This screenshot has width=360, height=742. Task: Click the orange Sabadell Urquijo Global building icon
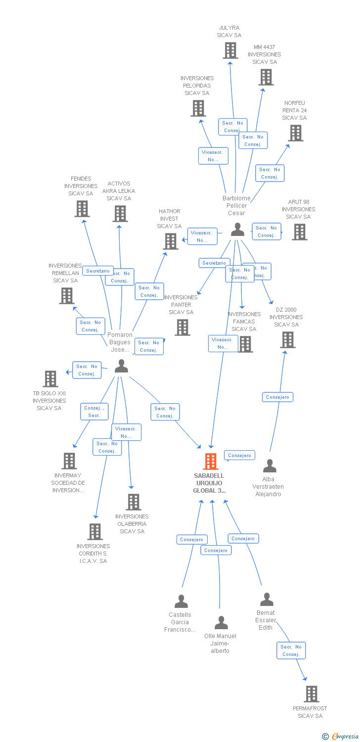(x=211, y=462)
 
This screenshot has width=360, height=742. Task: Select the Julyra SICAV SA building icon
(x=230, y=50)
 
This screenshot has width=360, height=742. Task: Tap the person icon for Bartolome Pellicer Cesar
(x=238, y=230)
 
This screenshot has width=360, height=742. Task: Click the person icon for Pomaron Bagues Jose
(x=121, y=366)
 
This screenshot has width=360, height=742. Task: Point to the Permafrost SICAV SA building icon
(x=311, y=694)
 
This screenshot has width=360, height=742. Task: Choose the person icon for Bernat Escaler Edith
(x=267, y=600)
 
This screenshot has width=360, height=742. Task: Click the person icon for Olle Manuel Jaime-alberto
(x=221, y=623)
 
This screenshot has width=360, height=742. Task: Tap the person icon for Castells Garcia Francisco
(x=181, y=602)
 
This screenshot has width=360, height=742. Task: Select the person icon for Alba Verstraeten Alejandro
(x=270, y=466)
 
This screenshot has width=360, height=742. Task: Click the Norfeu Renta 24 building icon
(x=296, y=133)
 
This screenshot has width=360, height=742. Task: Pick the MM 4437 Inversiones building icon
(x=266, y=77)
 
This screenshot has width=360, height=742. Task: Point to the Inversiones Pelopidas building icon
(x=198, y=108)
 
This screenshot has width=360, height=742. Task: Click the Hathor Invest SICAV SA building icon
(x=171, y=241)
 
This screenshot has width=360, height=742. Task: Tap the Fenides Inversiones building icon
(x=82, y=209)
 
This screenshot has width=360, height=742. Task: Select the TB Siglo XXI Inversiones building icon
(x=50, y=379)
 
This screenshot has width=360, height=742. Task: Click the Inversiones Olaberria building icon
(x=133, y=502)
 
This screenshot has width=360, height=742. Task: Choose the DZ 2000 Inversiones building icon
(x=288, y=340)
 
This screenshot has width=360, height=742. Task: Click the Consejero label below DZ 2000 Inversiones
(x=277, y=397)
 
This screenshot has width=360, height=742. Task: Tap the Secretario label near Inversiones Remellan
(x=98, y=271)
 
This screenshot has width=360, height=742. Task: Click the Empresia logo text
(x=345, y=737)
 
